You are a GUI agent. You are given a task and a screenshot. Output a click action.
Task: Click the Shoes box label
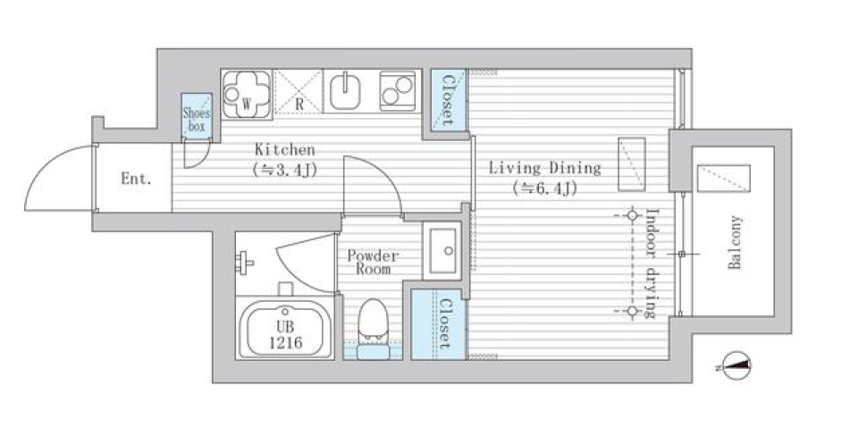[x=196, y=119]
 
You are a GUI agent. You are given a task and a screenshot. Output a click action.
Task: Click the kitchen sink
[x=346, y=91]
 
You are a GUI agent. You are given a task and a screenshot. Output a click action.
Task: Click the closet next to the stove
[x=446, y=100]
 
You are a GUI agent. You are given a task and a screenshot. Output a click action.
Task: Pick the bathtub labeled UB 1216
[x=285, y=327]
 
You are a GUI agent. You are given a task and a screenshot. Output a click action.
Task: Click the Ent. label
[x=136, y=179]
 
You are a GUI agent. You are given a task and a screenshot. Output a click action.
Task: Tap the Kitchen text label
[x=284, y=150]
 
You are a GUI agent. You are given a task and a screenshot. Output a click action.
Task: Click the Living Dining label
[x=543, y=168]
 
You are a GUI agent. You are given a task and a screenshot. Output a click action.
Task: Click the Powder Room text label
[x=373, y=262]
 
